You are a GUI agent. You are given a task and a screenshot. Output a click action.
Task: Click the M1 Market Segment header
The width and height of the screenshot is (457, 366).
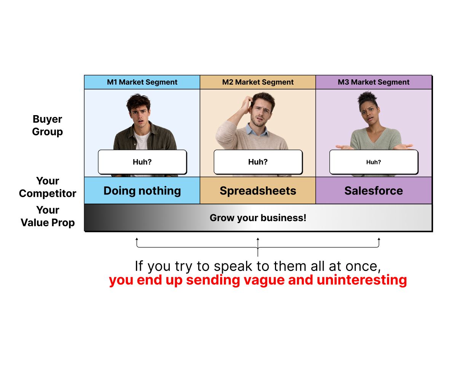(142, 82)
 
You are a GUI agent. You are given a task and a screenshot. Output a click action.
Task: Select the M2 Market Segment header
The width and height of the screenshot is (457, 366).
(258, 82)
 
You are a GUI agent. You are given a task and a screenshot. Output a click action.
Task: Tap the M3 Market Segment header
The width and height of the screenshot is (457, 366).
(374, 82)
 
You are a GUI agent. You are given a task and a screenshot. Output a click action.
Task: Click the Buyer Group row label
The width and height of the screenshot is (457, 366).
(47, 125)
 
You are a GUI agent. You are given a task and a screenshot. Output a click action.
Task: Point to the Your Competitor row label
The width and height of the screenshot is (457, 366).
(48, 187)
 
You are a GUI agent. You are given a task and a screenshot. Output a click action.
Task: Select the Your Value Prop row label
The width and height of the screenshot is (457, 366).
(48, 216)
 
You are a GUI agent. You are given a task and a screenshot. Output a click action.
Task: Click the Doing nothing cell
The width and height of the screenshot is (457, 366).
(142, 191)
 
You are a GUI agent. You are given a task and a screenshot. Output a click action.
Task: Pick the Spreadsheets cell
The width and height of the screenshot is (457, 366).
(258, 191)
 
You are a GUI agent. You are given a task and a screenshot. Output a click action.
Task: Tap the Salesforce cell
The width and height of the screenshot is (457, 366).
(374, 191)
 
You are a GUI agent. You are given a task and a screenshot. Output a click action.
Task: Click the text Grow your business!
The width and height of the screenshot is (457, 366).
(258, 218)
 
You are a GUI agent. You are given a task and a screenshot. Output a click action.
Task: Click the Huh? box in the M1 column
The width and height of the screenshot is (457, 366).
(142, 162)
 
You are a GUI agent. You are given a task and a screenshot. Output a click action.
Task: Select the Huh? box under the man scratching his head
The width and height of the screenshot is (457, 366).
(258, 162)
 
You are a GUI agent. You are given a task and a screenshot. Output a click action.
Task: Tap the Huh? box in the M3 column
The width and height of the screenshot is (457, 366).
(374, 162)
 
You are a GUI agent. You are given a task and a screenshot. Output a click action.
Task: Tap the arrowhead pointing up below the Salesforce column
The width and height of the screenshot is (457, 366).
(379, 239)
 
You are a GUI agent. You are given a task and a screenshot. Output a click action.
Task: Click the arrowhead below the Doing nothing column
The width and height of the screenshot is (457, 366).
(137, 239)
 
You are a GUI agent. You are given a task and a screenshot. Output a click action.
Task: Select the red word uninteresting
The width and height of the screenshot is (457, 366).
(362, 280)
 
